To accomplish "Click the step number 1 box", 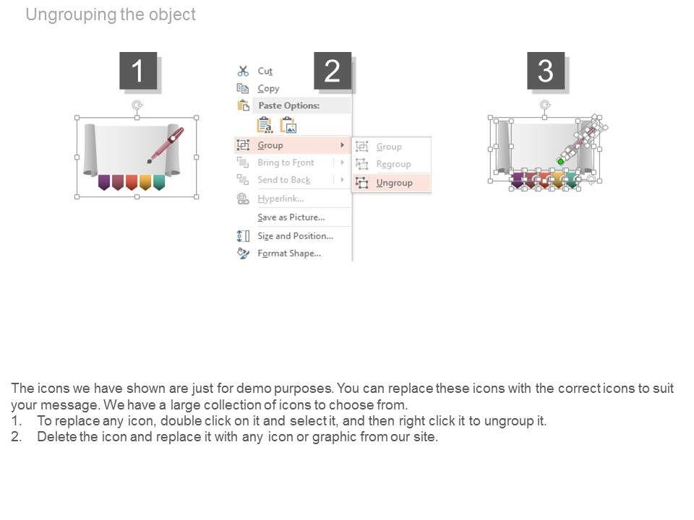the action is click(x=138, y=70).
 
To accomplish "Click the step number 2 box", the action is click(x=333, y=70).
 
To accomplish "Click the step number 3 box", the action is click(x=546, y=70).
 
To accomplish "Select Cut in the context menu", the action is click(x=265, y=71).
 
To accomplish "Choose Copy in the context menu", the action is click(x=268, y=88).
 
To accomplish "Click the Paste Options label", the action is click(x=288, y=105).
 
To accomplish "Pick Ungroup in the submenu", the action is click(x=394, y=183).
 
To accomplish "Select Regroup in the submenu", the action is click(x=393, y=164).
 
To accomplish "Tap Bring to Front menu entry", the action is click(x=286, y=162).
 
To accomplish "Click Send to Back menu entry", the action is click(x=283, y=180).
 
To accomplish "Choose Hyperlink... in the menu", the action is click(x=280, y=199).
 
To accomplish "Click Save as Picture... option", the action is click(x=291, y=217).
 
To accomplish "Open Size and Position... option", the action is click(x=295, y=235).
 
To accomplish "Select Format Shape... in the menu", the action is click(x=289, y=253).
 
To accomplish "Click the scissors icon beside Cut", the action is click(x=243, y=71).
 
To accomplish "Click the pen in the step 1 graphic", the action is click(x=166, y=145).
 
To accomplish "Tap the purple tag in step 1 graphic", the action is click(x=104, y=182).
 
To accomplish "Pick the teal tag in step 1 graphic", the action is click(x=159, y=182).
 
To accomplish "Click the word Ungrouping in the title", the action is click(x=72, y=14).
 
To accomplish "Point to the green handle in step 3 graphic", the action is click(x=560, y=162).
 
